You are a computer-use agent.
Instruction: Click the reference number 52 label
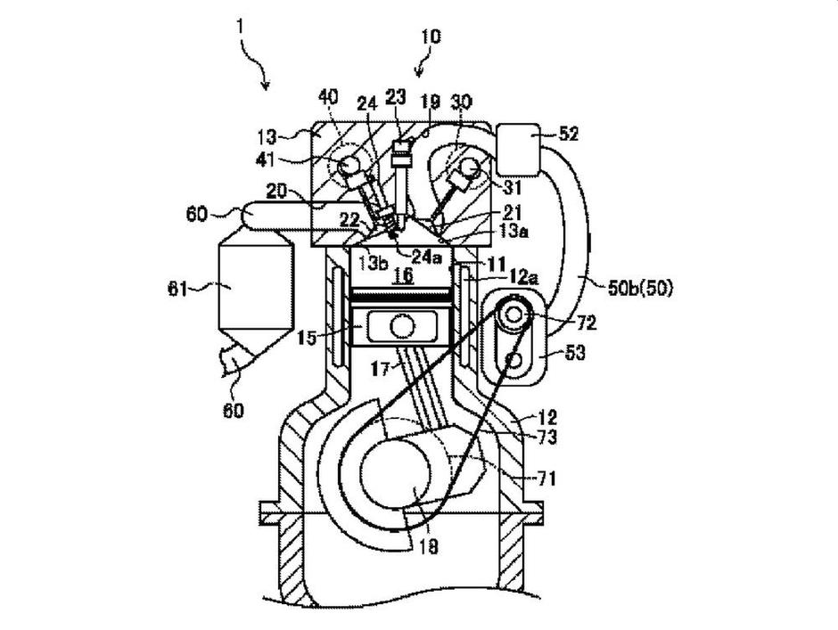tap(569, 135)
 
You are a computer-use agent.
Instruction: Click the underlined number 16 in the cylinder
tap(404, 277)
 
